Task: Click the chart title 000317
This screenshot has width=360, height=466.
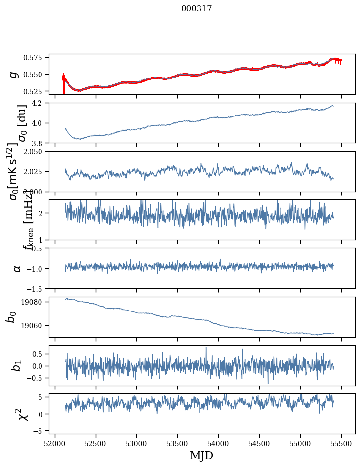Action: (x=197, y=8)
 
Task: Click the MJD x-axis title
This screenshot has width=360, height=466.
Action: (x=201, y=455)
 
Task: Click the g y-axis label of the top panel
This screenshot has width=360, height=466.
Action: (x=14, y=74)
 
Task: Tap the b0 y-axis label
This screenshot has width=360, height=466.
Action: (x=11, y=317)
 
